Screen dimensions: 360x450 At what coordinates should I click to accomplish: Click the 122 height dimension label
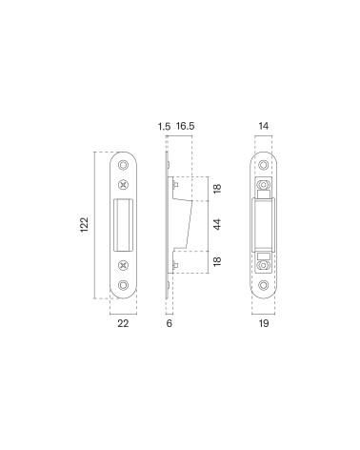84,225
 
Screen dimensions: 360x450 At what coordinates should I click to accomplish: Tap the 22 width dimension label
123,323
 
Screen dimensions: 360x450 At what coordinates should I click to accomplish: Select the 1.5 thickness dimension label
164,127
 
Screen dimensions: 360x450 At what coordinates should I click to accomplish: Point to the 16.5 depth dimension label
185,126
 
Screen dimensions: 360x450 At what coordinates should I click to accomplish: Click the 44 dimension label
217,225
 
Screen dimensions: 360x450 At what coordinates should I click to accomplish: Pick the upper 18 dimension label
217,189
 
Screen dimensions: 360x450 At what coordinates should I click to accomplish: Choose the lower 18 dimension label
217,261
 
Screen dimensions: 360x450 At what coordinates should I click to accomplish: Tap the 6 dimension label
170,323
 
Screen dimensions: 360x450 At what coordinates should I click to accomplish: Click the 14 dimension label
264,126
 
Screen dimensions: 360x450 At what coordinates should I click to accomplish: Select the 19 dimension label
264,323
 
